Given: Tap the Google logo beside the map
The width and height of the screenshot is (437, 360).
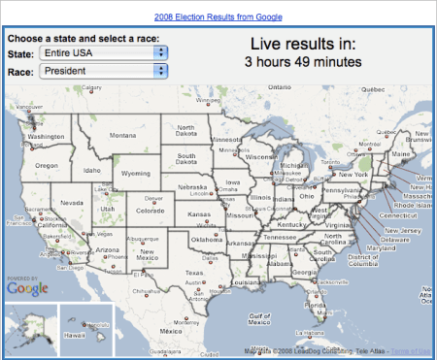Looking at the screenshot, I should pos(27,287).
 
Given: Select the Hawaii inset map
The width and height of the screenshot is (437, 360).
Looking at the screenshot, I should pos(86,330).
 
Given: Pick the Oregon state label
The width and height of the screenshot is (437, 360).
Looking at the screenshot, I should pos(47,165).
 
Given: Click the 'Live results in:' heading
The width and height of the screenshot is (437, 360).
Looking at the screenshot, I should pos(303,44).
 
